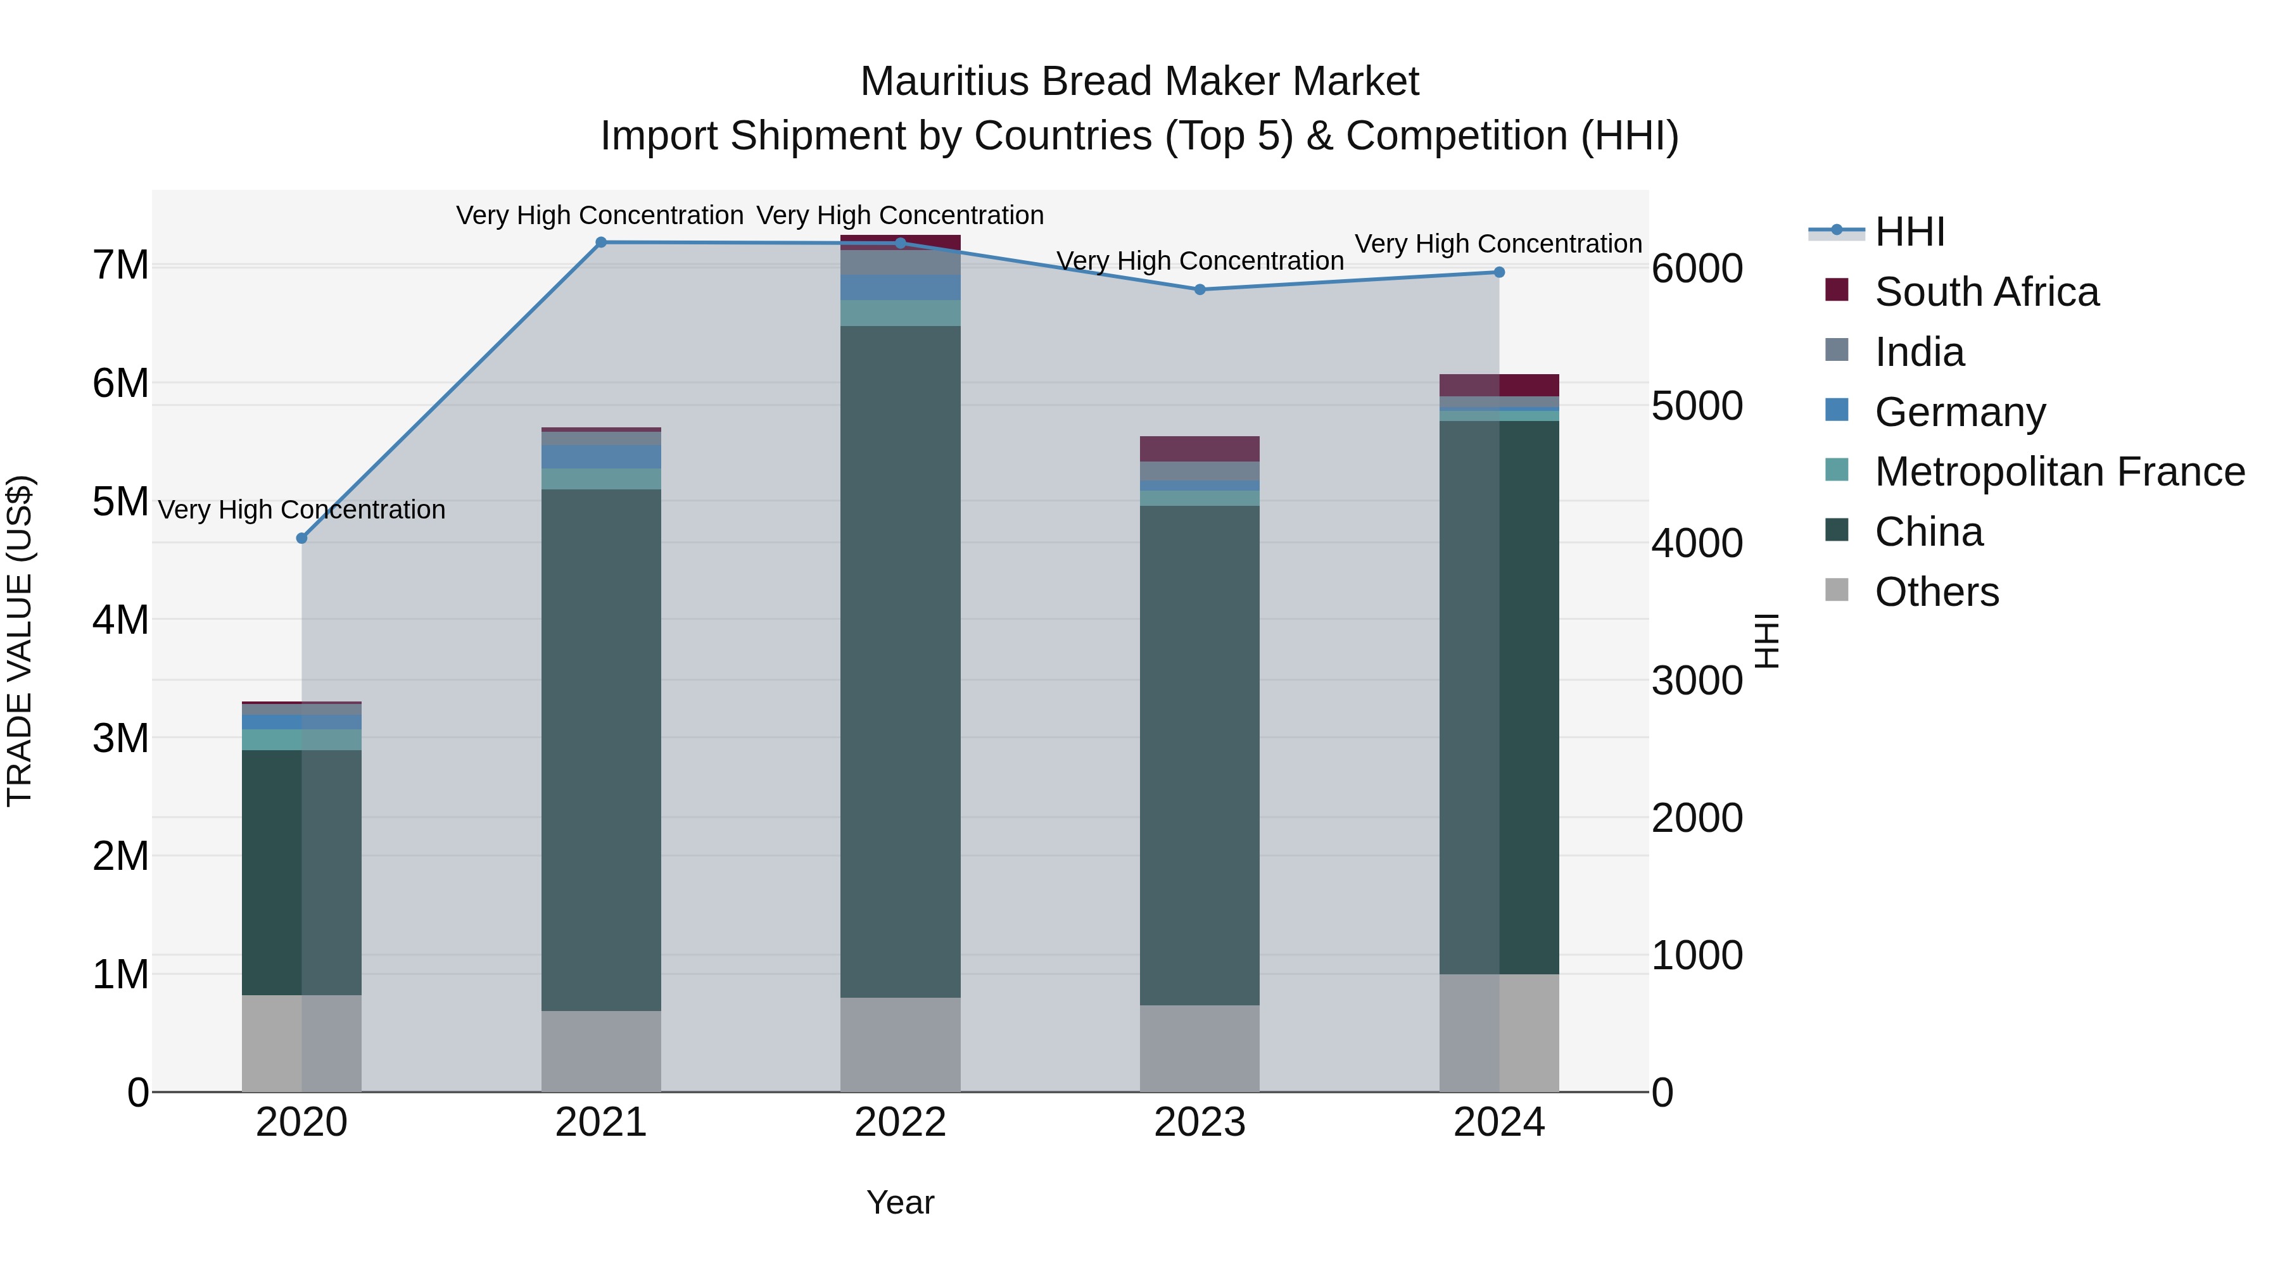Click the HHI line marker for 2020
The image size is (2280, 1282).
pos(302,538)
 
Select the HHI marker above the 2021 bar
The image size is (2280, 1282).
pos(601,242)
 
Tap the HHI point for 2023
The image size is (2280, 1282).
pos(1200,289)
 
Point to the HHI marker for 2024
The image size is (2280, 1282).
pos(1498,272)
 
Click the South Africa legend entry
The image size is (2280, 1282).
pos(1986,292)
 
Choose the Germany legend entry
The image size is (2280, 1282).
pos(1960,412)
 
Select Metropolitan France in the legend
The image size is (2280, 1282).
pos(2059,472)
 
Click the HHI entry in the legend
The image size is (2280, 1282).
pos(1909,232)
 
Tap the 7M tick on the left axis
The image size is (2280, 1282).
pos(121,265)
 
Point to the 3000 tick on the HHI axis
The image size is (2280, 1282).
pos(1697,681)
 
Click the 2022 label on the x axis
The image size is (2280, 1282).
pos(900,1122)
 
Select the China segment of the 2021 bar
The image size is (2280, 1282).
pos(601,750)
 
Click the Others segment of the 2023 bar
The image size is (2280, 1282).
pos(1200,1048)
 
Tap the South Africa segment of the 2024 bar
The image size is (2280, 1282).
pos(1498,385)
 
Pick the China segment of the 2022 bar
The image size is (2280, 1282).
pos(900,661)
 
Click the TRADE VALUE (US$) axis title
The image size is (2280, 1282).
pos(20,641)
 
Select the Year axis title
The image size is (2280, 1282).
pos(900,1202)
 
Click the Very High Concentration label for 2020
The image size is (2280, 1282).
pos(302,510)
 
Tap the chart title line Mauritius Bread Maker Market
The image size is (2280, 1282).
pos(1139,82)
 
